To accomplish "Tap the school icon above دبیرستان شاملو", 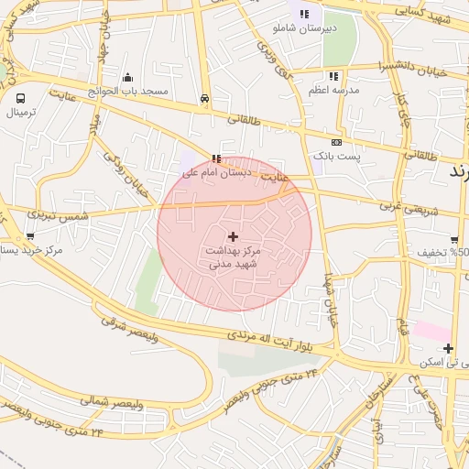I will [304, 13].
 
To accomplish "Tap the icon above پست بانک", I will [336, 142].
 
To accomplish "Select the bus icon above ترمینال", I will [20, 97].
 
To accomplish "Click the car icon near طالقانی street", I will [204, 97].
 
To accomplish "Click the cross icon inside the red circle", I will [233, 236].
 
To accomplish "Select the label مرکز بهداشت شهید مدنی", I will [233, 256].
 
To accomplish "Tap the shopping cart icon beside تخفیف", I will [454, 241].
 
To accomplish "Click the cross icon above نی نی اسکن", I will [447, 348].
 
